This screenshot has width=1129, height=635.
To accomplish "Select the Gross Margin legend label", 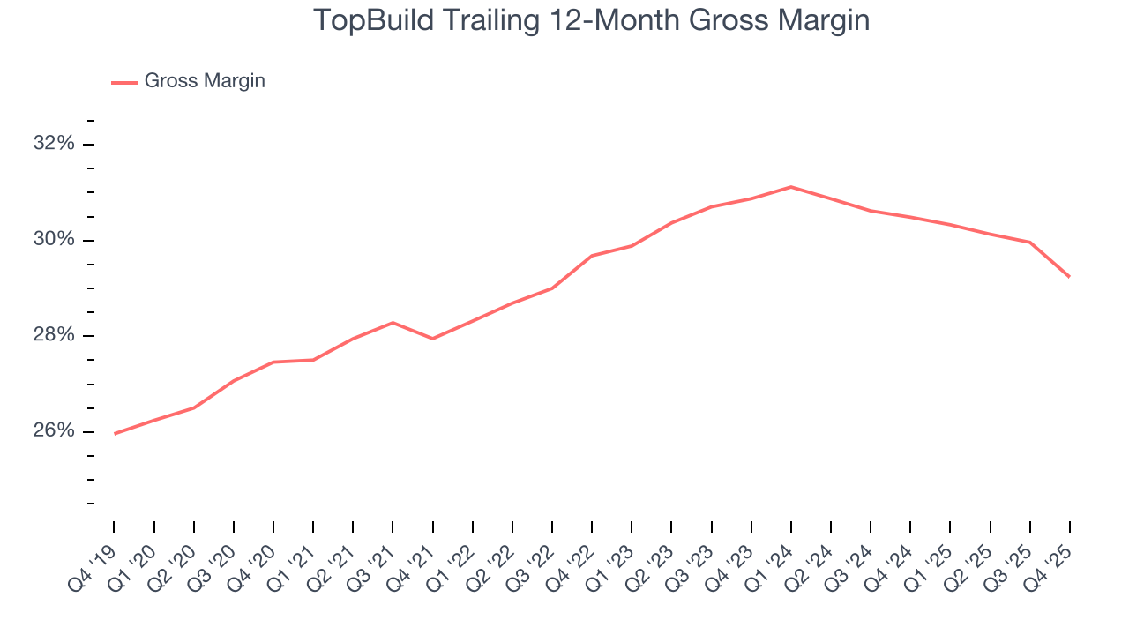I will [x=205, y=81].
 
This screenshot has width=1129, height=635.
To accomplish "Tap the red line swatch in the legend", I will [x=123, y=82].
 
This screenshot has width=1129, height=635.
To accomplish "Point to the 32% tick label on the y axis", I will [x=54, y=144].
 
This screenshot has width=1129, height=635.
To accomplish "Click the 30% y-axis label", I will [x=54, y=240].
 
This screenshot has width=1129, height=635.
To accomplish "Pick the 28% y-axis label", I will [x=54, y=336].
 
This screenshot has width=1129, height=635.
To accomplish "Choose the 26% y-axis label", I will [x=54, y=431].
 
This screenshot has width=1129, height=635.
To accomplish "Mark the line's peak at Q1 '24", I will [x=791, y=187].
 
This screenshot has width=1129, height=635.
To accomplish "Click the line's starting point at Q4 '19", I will [x=115, y=434].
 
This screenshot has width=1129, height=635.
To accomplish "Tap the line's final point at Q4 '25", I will [x=1070, y=277].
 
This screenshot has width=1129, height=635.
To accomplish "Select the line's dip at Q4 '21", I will [x=433, y=339].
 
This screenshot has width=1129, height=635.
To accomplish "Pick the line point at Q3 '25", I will [x=1030, y=243].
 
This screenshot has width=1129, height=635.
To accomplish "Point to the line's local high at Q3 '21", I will [x=393, y=323].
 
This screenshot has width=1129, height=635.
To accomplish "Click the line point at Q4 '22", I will [x=592, y=256].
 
